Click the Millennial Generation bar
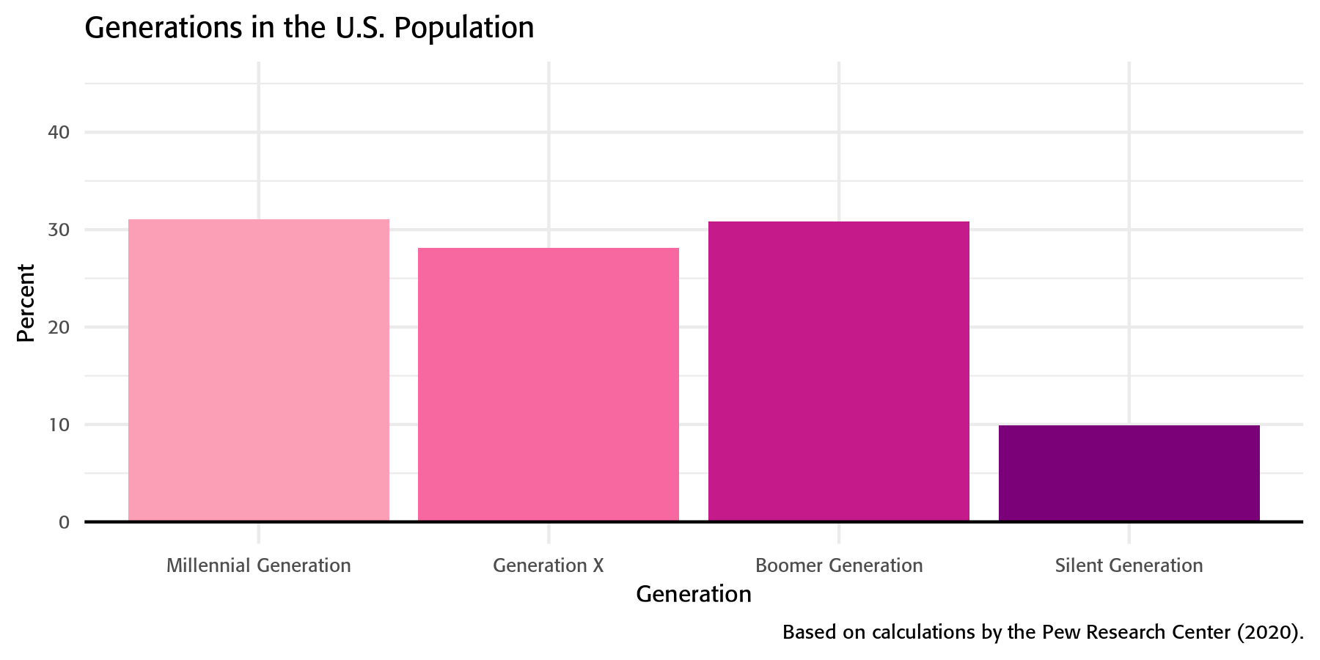point(258,370)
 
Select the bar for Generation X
point(548,385)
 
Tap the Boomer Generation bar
point(838,371)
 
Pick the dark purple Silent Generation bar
point(1129,473)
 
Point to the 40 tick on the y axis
point(59,132)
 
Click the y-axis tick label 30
point(59,230)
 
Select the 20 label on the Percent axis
point(59,327)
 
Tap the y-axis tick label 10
point(59,425)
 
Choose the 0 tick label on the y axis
point(65,522)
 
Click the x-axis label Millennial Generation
point(258,565)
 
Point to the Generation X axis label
point(548,565)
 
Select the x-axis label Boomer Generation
point(838,565)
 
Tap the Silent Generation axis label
point(1129,565)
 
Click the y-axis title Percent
point(26,303)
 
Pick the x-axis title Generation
point(693,594)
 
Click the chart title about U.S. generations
point(309,28)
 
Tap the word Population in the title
point(464,28)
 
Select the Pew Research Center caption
point(1042,632)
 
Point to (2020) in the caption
point(1269,632)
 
